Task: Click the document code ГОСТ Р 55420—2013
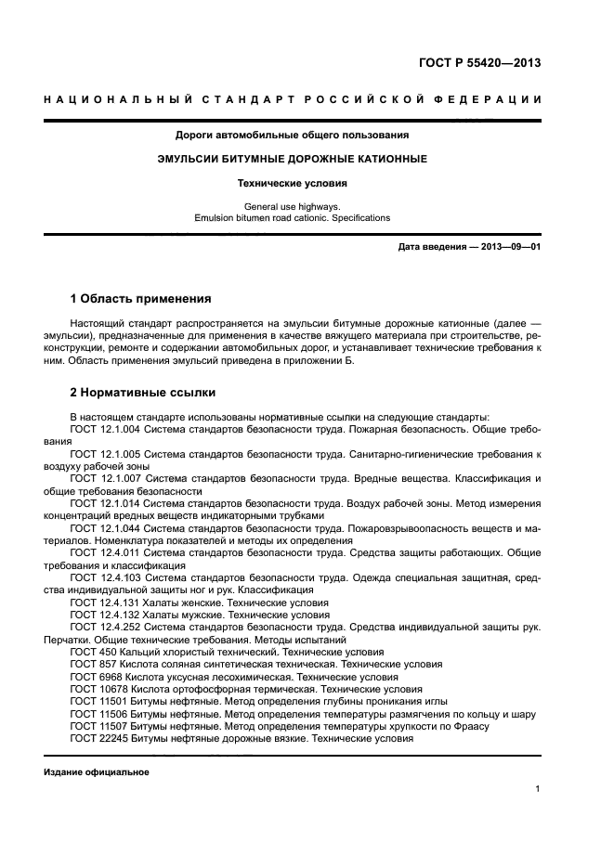[x=479, y=64]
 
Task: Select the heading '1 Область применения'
[x=141, y=299]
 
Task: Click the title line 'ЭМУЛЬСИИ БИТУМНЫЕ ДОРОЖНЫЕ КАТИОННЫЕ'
[x=292, y=159]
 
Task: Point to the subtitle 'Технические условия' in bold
[x=292, y=184]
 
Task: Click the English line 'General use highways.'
[x=292, y=206]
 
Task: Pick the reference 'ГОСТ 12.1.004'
[x=105, y=431]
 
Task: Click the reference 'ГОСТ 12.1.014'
[x=105, y=503]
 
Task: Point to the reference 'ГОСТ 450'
[x=91, y=653]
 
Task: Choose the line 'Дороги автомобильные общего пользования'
[x=292, y=135]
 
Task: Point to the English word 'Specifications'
[x=359, y=218]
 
